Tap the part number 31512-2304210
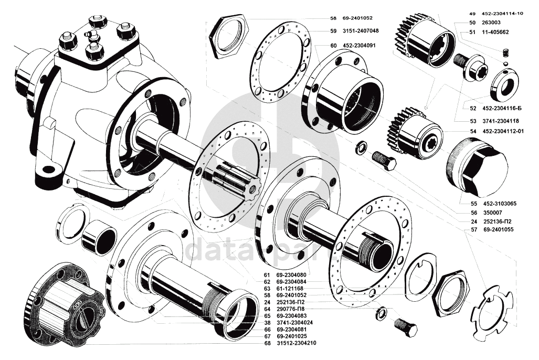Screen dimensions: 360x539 [x=297, y=343]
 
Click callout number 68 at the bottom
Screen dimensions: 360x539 [x=267, y=343]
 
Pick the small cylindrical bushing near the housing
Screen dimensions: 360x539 [x=99, y=238]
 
